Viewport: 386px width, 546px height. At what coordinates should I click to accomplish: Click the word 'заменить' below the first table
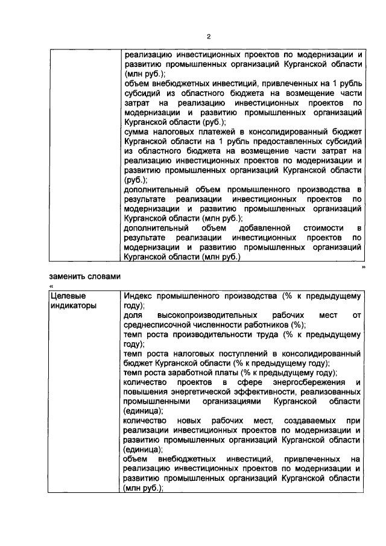[68, 276]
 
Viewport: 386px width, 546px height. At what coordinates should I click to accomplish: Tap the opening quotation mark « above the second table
[51, 286]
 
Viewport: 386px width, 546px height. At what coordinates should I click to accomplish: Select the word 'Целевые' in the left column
[66, 296]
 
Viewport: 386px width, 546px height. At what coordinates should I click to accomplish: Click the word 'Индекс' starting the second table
[137, 296]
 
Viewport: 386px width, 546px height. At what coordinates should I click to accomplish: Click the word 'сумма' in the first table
[136, 131]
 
